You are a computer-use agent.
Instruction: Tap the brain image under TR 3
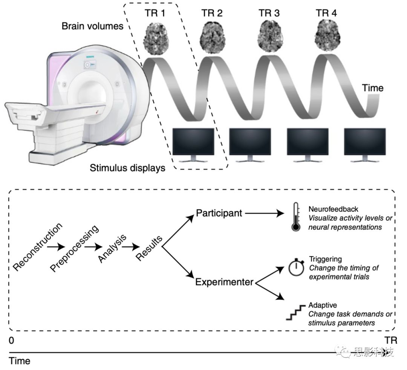point(269,36)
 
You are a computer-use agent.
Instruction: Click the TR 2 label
point(211,14)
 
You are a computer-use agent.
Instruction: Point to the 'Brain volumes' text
point(92,26)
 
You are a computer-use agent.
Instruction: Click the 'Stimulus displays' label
point(127,168)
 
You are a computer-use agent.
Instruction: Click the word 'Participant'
point(219,213)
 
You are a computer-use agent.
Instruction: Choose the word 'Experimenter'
point(224,281)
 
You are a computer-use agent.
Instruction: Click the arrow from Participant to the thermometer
point(264,214)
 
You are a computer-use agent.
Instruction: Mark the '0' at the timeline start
point(12,340)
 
